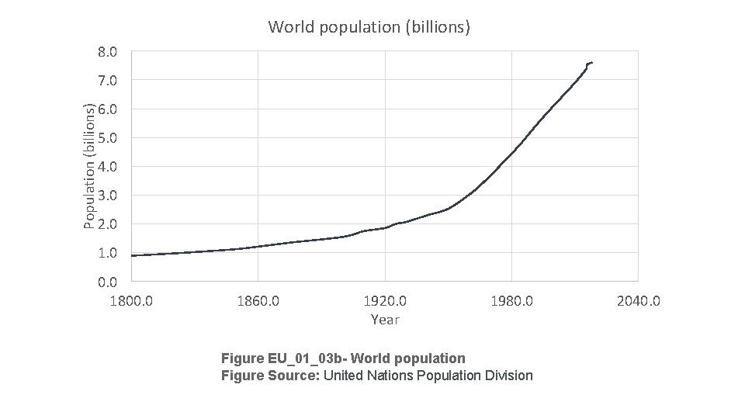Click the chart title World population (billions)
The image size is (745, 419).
[x=369, y=27]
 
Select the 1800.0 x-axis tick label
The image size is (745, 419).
[x=131, y=300]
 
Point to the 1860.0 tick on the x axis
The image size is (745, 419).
[x=258, y=300]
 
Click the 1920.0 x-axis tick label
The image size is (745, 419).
[x=385, y=300]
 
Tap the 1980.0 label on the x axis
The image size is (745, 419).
[x=511, y=300]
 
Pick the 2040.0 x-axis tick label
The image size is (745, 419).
[x=639, y=300]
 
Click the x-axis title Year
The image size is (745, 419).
[x=385, y=319]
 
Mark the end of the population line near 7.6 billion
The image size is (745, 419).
[x=591, y=62]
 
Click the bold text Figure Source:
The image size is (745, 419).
[x=270, y=376]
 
